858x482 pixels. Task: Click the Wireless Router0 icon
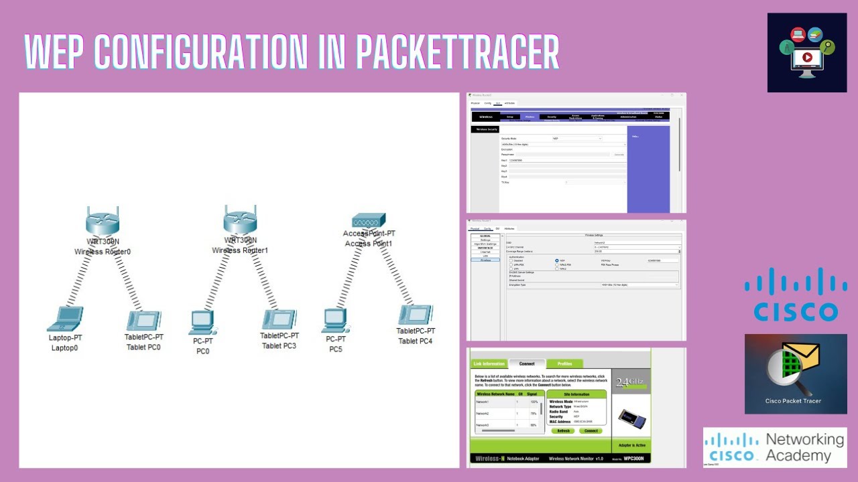103,221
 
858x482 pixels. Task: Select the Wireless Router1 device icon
241,220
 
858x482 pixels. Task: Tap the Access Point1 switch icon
369,220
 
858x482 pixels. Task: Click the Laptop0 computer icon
65,319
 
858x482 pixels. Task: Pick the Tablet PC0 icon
143,320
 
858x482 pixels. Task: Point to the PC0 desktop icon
202,322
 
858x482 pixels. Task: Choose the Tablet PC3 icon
280,319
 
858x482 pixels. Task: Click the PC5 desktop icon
334,321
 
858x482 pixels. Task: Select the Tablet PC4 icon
416,315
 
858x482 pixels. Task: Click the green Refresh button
564,430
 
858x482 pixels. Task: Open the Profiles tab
564,364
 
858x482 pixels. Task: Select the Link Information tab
489,364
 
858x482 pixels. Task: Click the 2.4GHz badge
630,382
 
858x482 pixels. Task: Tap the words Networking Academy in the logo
804,447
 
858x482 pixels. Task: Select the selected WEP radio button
556,260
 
